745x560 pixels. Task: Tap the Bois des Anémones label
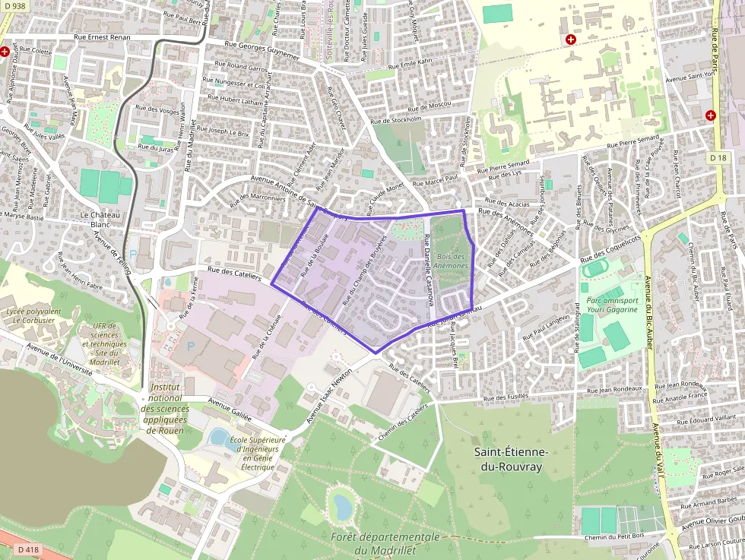(x=452, y=261)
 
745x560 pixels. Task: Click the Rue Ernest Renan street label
(x=102, y=37)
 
